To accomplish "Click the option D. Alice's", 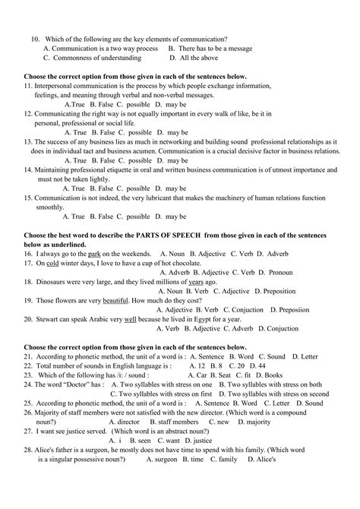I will pyautogui.click(x=253, y=460).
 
